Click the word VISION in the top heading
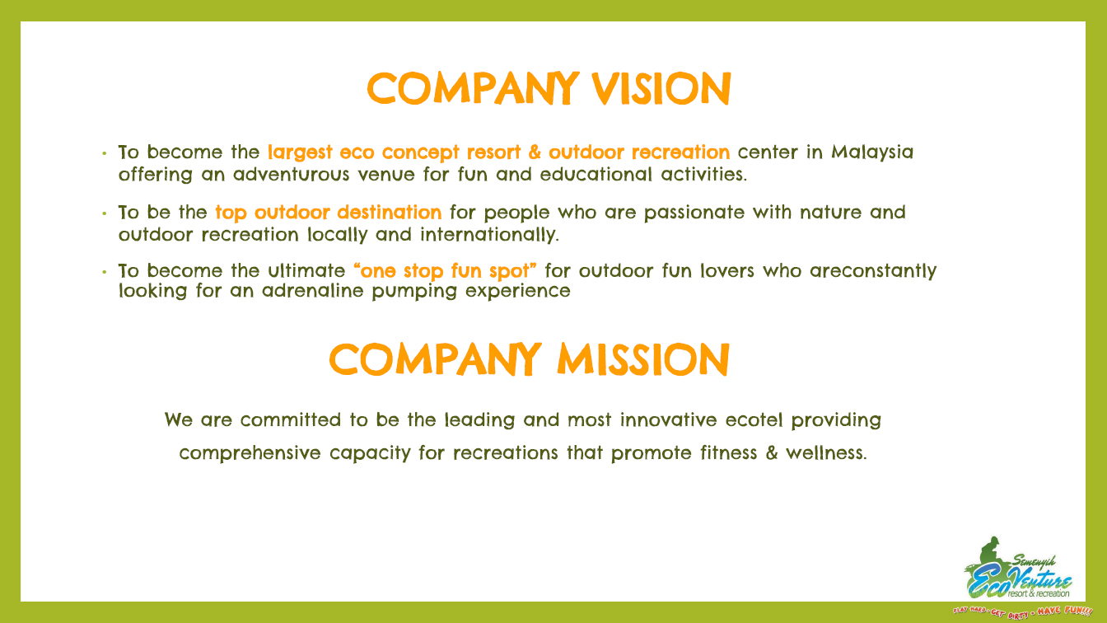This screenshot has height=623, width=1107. tap(661, 88)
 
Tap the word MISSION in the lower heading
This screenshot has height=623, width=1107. tap(643, 359)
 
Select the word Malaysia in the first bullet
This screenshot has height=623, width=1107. tap(872, 152)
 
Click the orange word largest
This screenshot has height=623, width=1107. tap(300, 152)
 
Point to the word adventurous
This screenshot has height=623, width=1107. tap(291, 174)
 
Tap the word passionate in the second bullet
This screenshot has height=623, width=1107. tap(694, 213)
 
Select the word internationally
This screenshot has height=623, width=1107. tap(489, 235)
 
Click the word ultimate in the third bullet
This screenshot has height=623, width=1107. tap(306, 271)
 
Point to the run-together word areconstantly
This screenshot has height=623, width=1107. tap(873, 271)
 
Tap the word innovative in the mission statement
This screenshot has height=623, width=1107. tap(668, 420)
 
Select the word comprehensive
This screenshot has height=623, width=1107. tap(250, 453)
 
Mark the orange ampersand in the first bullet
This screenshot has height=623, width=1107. tap(535, 152)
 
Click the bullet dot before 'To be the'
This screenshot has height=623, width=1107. tap(105, 213)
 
